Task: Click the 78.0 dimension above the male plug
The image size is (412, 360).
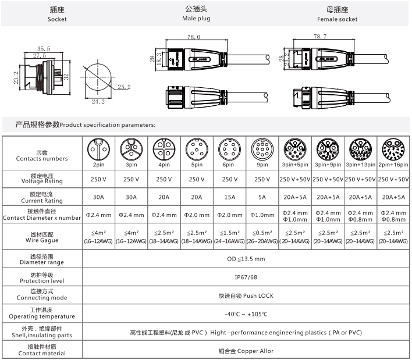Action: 194,37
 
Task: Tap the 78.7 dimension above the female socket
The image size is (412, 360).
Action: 320,37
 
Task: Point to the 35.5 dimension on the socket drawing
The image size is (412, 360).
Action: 44,49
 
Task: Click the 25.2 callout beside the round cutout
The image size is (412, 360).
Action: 124,87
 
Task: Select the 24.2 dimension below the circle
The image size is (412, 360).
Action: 98,101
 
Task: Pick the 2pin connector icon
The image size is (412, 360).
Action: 98,149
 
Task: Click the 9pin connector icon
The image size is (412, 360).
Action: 262,149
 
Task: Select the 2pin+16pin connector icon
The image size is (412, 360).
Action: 393,149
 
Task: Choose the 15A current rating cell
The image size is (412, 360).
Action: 230,197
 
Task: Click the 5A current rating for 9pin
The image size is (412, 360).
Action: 262,197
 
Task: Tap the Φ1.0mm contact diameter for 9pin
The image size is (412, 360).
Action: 262,215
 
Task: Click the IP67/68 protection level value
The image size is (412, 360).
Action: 246,277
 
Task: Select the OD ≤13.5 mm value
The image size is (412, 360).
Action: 246,259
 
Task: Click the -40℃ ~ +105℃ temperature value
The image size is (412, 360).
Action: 246,314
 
